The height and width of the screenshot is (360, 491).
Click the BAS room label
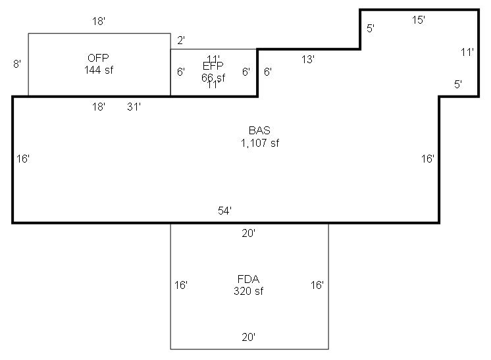[259, 131]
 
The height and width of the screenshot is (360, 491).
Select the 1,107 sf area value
[259, 143]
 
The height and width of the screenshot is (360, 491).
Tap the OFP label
[98, 57]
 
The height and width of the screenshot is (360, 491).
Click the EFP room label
[213, 66]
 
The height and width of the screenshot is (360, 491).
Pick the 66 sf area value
[213, 77]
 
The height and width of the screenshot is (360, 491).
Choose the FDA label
[248, 279]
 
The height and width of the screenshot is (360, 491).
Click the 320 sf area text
[248, 291]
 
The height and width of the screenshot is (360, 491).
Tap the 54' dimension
[225, 211]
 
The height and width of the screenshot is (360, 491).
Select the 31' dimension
[134, 107]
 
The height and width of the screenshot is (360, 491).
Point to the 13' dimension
[308, 59]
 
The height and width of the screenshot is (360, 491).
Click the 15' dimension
[419, 20]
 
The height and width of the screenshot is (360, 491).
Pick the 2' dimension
[181, 40]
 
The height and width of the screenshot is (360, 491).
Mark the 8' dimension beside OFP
[17, 64]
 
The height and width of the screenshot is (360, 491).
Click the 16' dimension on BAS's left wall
[23, 159]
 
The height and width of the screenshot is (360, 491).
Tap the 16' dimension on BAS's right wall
[428, 159]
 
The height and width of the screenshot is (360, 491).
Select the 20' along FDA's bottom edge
[248, 337]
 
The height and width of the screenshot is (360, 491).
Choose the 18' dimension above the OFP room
[99, 21]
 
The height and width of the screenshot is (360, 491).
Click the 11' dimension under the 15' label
[467, 52]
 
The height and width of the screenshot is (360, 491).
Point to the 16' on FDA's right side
[317, 285]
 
